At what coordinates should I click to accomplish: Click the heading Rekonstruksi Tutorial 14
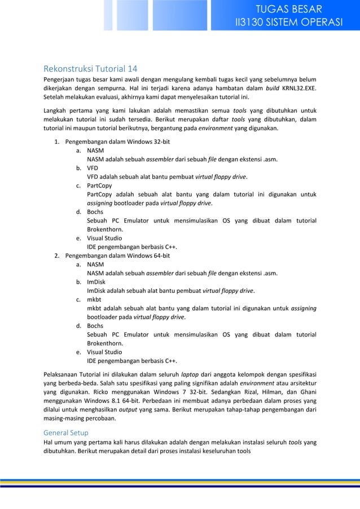point(90,69)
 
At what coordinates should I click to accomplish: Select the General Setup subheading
point(65,432)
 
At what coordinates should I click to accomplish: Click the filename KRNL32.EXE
point(302,89)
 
